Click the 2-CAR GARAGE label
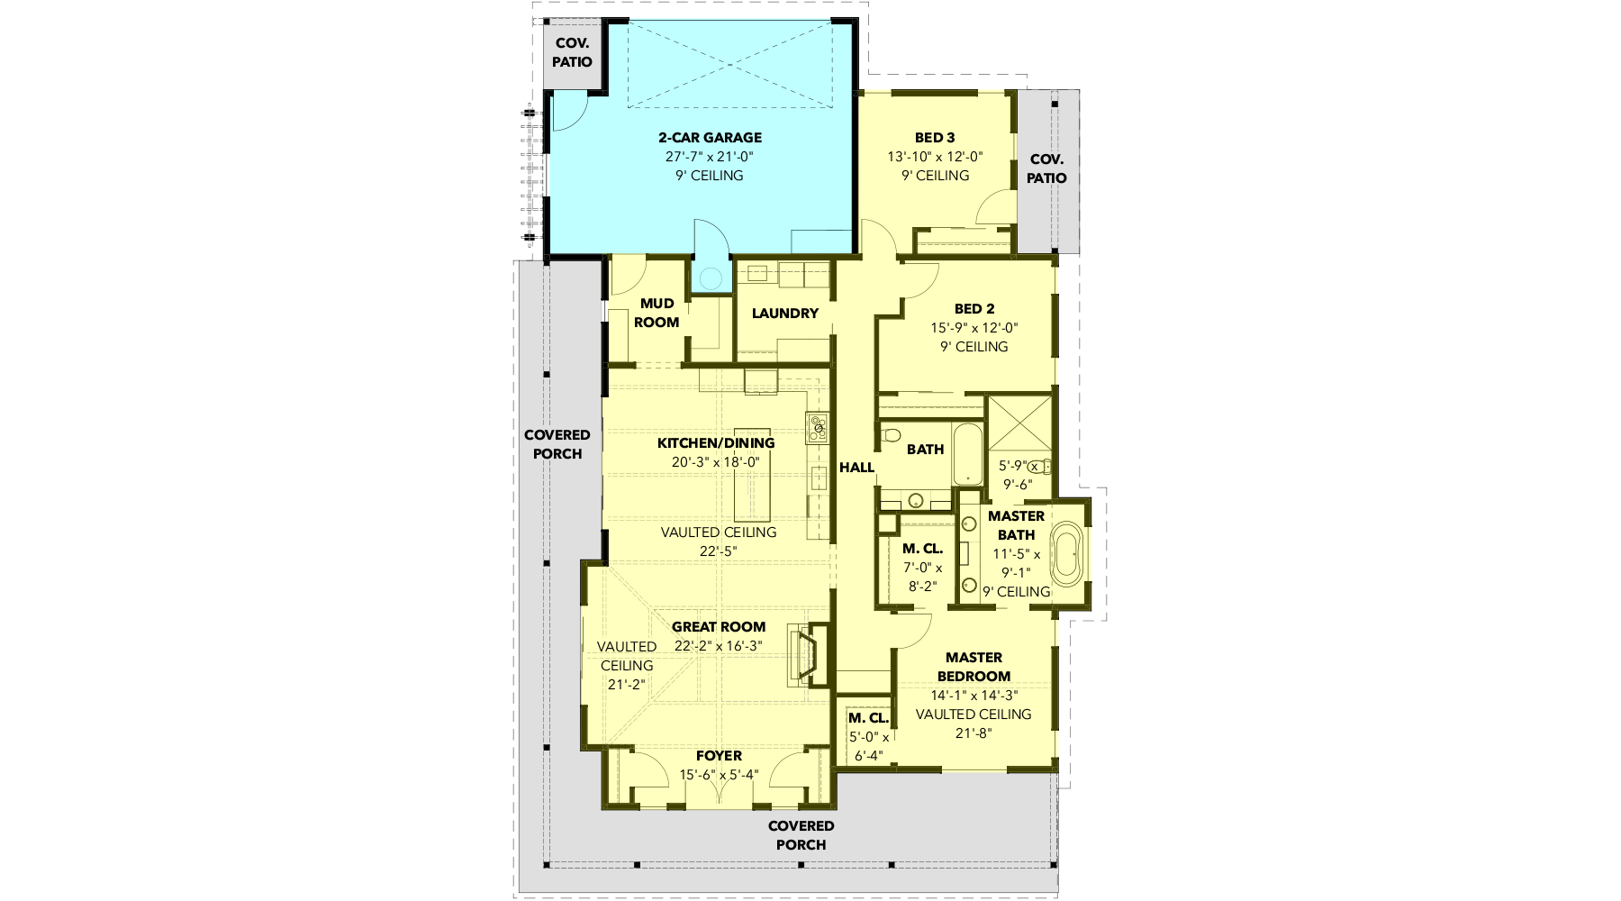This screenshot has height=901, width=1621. (x=710, y=138)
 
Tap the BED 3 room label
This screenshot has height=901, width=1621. (x=935, y=138)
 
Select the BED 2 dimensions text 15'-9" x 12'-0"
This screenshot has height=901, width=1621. (x=974, y=328)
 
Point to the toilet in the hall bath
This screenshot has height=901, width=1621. (x=892, y=436)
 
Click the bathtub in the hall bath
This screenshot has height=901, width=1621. (x=968, y=453)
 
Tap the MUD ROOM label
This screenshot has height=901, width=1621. (x=657, y=313)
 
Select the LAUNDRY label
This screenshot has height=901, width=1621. (x=785, y=314)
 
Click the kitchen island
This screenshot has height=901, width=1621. (x=752, y=475)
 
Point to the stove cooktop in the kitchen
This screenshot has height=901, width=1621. (x=817, y=427)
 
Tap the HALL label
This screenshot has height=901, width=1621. (x=856, y=468)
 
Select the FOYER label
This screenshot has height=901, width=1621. (x=719, y=756)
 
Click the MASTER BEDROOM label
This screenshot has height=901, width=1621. (x=974, y=667)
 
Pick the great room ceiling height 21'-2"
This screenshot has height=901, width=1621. (x=627, y=685)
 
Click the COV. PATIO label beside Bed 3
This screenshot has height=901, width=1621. (x=1046, y=168)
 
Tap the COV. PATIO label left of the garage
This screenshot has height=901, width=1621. (x=572, y=52)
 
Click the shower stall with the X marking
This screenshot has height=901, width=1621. (x=1019, y=421)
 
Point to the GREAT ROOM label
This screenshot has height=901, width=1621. (x=719, y=627)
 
